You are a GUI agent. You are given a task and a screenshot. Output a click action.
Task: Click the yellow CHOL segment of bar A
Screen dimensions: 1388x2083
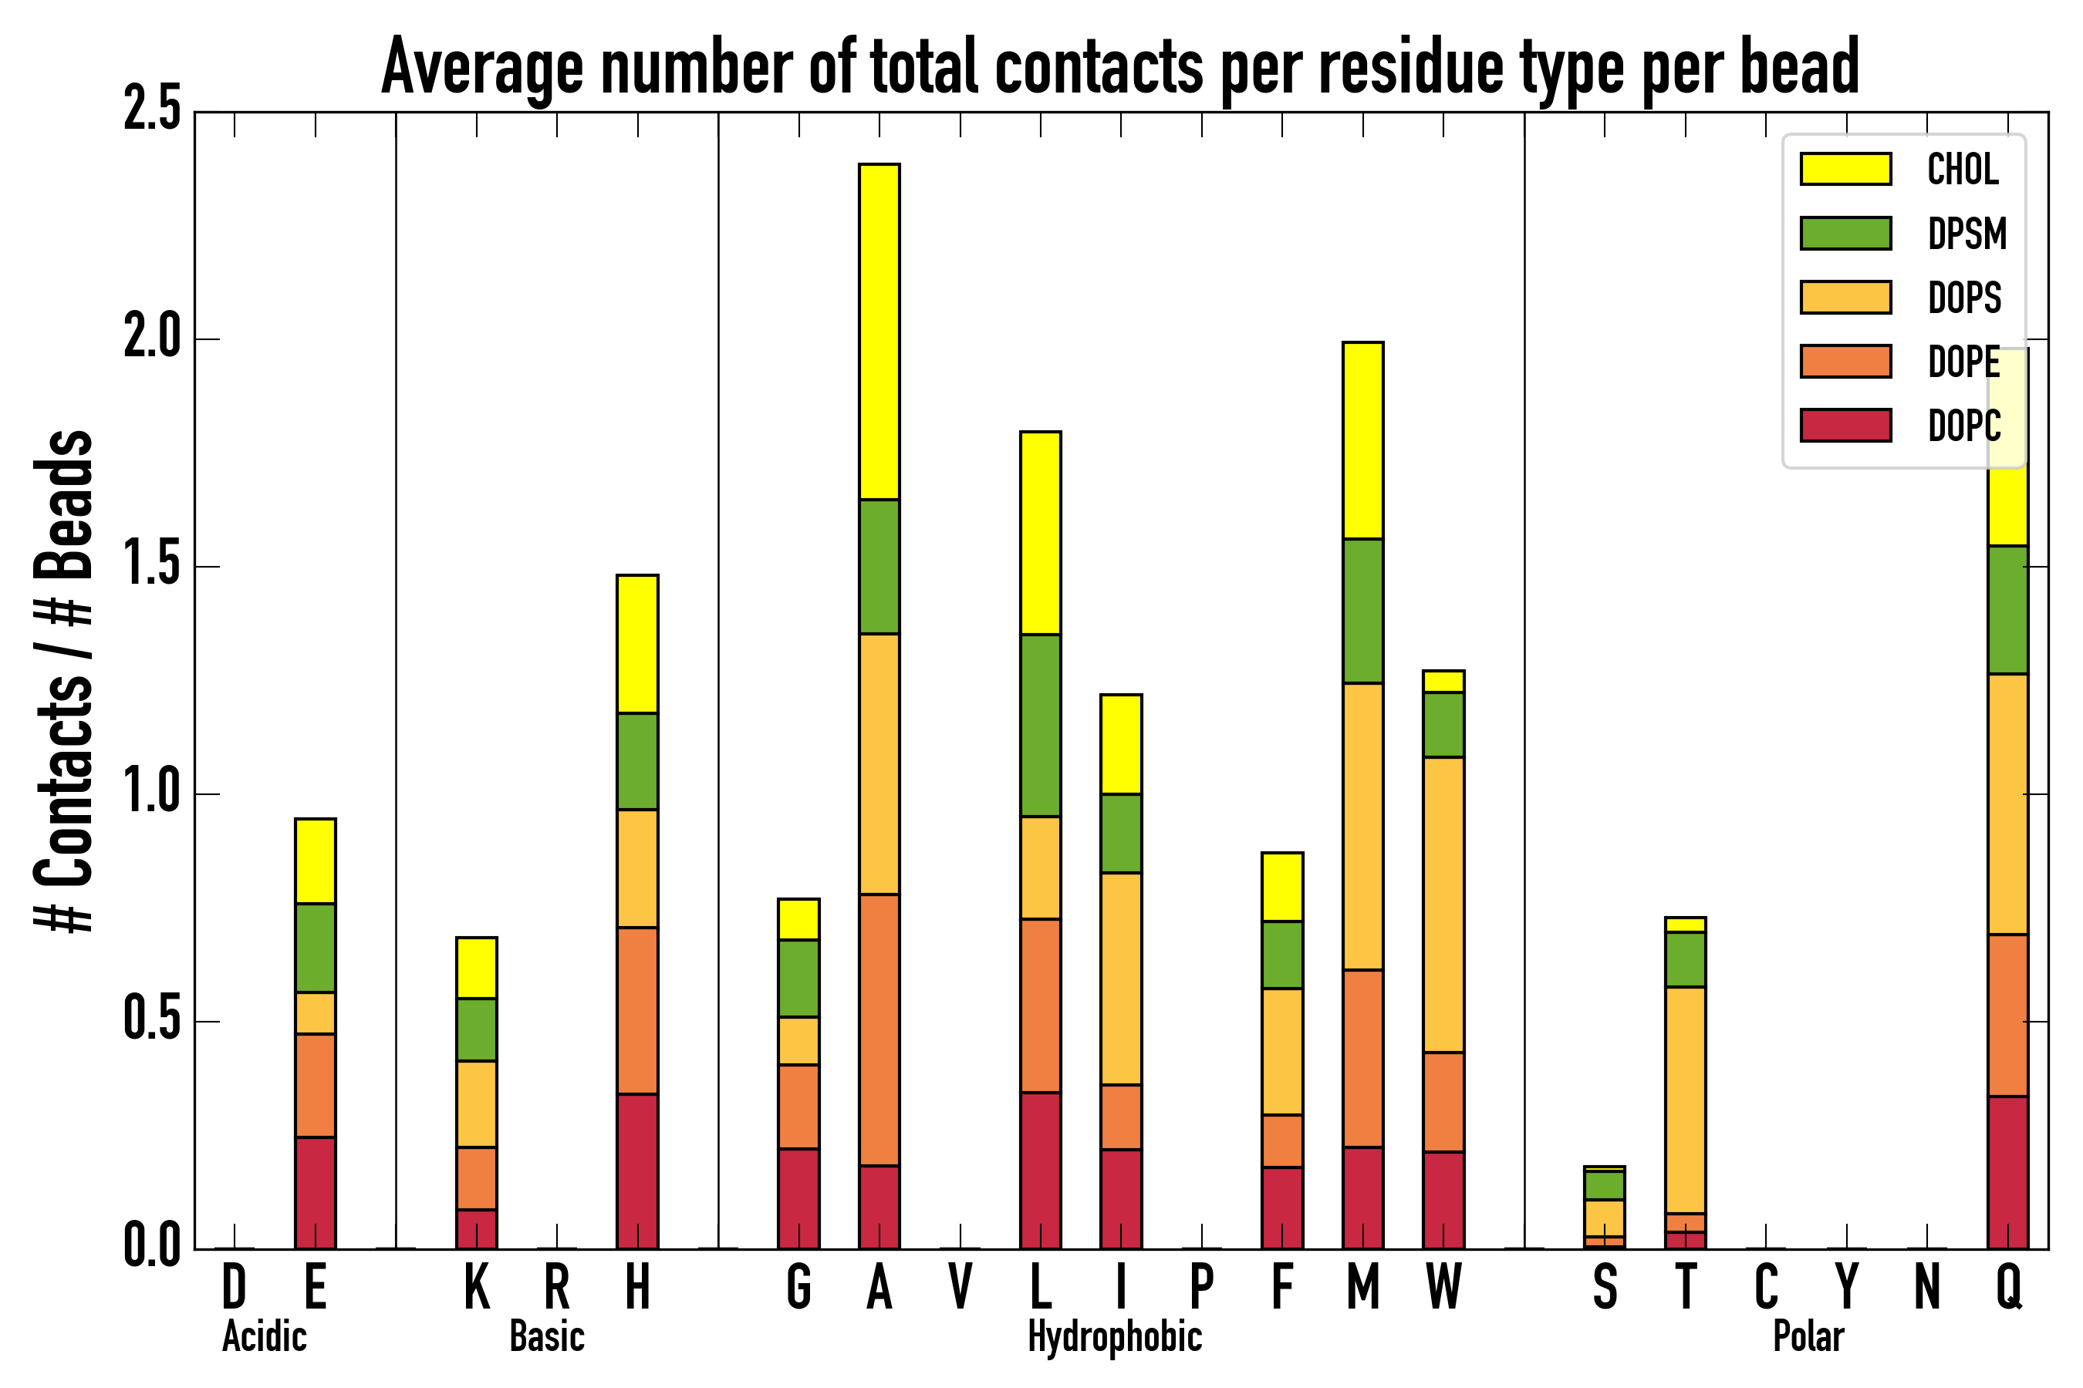[879, 332]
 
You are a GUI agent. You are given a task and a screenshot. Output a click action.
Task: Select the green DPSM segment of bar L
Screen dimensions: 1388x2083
[1040, 725]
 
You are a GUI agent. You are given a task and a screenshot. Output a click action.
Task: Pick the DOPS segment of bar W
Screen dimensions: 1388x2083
[1443, 905]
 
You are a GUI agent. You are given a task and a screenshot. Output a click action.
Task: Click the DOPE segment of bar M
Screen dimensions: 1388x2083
[1362, 1059]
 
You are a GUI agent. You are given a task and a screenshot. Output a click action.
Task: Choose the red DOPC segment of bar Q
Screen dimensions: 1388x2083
[2007, 1172]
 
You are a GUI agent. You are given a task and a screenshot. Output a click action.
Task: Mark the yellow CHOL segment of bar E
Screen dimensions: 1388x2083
[315, 861]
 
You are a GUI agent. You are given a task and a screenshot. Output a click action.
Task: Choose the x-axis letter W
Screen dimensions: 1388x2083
[1443, 1287]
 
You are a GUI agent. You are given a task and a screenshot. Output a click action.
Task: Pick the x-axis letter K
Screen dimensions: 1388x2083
[477, 1287]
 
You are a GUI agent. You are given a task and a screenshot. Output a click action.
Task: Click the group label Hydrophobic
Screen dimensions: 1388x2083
[1114, 1336]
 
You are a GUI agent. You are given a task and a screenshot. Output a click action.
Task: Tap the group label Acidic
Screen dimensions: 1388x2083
[264, 1336]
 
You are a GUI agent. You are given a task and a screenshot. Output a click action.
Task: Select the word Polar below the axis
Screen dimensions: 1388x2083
[1808, 1336]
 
